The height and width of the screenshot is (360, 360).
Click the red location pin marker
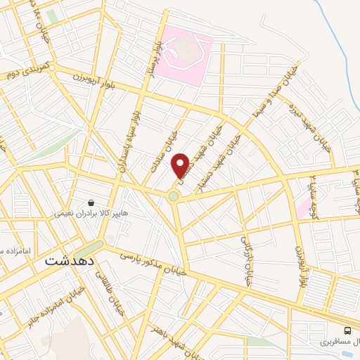181,165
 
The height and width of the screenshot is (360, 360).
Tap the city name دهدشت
69,259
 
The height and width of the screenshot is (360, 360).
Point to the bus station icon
347,330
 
